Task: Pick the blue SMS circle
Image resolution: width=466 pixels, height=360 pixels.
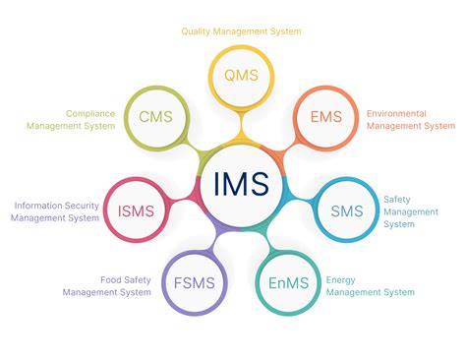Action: (347, 210)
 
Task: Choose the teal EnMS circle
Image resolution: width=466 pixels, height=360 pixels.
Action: (288, 283)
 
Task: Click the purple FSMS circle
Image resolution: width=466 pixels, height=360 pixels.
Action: (194, 284)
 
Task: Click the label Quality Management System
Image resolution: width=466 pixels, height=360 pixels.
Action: (241, 31)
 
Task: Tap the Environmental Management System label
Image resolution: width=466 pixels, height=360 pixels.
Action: (411, 119)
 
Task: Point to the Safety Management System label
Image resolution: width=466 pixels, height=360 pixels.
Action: (398, 210)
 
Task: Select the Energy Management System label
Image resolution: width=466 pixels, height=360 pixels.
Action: (370, 285)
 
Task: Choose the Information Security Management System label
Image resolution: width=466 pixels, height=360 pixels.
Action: (56, 211)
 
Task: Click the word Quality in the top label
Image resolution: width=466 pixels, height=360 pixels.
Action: (197, 31)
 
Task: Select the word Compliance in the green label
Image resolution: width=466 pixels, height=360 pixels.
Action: (90, 113)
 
